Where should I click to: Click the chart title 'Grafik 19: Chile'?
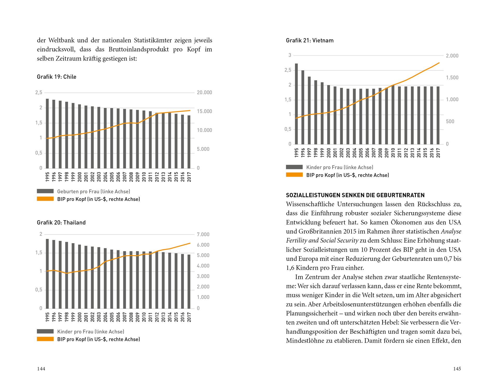point(57,77)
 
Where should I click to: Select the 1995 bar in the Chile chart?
point(47,133)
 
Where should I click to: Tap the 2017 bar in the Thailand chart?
point(189,282)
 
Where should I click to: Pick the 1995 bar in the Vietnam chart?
point(296,104)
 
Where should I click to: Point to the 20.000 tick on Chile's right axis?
point(204,93)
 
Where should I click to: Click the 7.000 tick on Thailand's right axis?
point(203,235)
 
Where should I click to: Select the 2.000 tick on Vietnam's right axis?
point(452,56)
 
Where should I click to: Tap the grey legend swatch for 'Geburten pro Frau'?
point(45,191)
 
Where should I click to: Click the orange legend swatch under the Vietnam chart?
point(294,175)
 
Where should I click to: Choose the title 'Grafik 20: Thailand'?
point(61,222)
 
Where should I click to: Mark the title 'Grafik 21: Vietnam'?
point(310,40)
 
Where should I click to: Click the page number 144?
point(41,369)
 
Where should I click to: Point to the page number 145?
point(457,369)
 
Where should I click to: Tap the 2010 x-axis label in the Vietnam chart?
point(393,153)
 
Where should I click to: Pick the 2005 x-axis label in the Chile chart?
point(112,177)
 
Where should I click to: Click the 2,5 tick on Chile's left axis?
point(39,93)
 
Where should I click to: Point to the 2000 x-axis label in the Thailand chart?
point(79,317)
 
